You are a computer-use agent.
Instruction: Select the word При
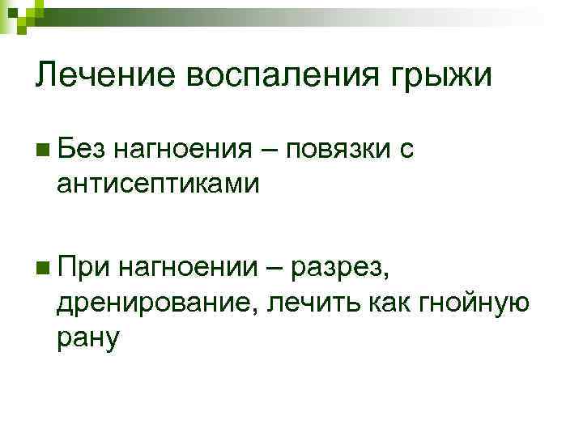pos(84,265)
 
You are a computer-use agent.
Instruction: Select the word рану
pos(89,337)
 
